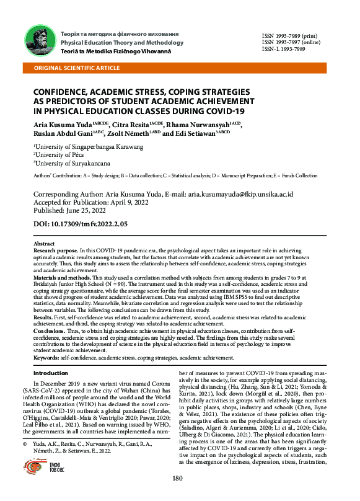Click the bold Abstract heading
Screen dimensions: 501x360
tap(43, 244)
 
